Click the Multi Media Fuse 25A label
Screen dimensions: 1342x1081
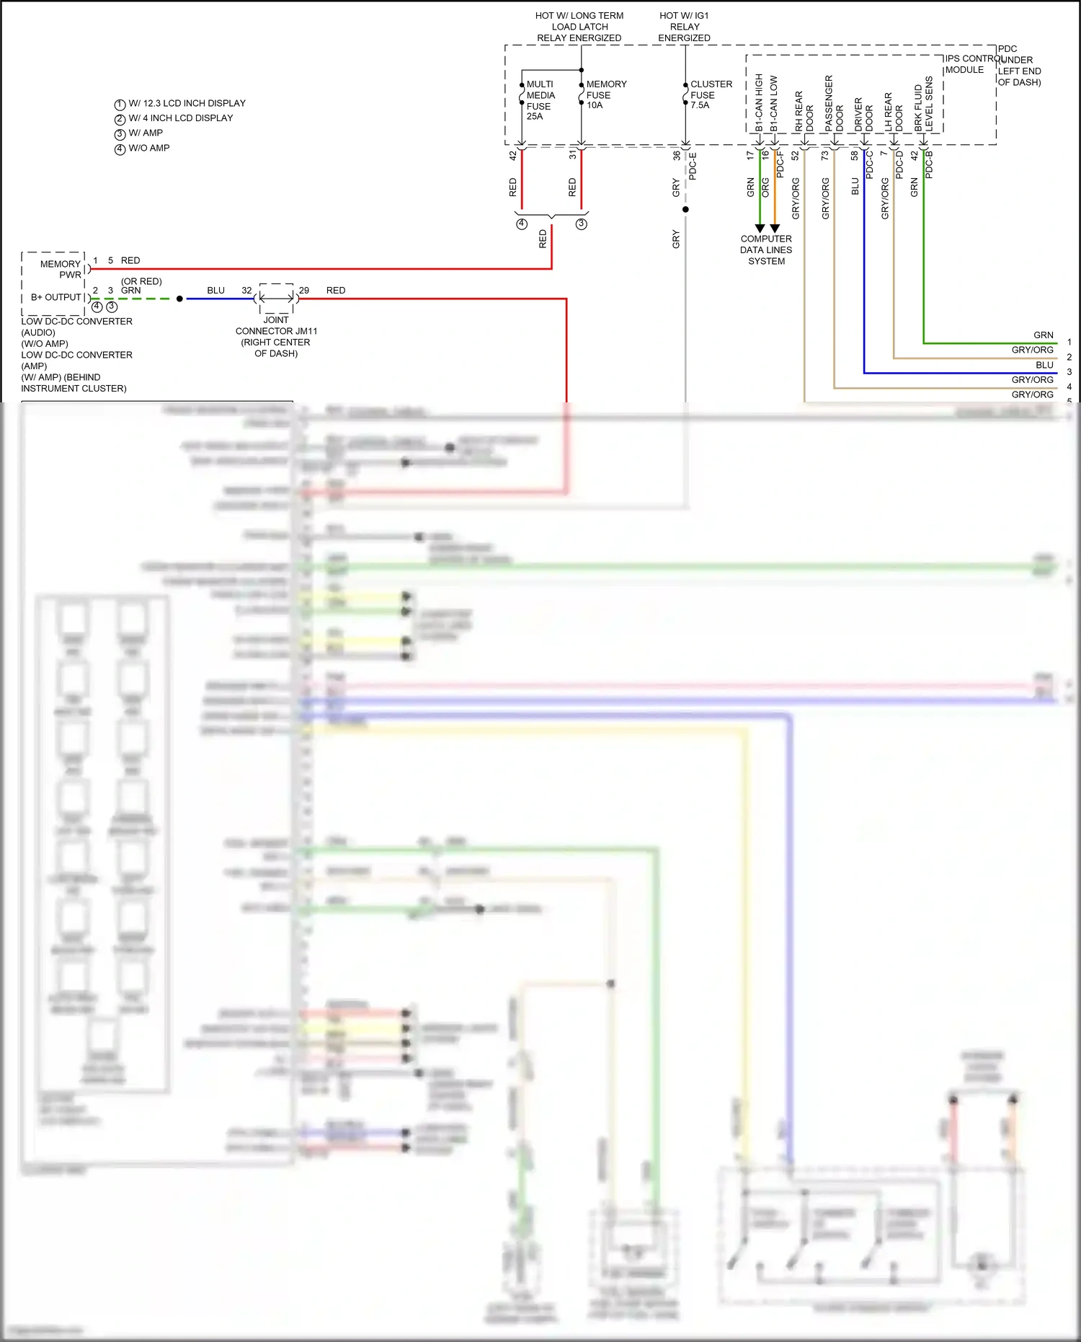(540, 100)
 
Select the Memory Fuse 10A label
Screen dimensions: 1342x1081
(605, 94)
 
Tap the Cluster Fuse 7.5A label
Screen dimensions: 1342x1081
(711, 94)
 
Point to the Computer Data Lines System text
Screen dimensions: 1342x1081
(766, 250)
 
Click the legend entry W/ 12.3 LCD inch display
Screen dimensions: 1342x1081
(186, 103)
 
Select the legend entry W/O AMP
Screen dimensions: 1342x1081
(148, 148)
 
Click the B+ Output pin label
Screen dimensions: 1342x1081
(55, 297)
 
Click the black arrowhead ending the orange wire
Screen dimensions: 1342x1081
(775, 229)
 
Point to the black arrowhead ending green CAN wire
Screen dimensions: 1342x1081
(760, 229)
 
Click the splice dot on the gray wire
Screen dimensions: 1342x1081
(685, 210)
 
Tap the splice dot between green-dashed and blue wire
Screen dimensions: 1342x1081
(179, 299)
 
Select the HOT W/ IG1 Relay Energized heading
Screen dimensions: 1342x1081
(684, 27)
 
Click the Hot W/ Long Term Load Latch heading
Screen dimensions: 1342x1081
(579, 27)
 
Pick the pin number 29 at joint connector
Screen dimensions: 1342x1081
(304, 291)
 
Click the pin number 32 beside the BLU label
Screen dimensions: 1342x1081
(246, 291)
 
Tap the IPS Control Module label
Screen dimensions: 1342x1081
(966, 64)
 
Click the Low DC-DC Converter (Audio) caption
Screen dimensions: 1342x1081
(76, 327)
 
